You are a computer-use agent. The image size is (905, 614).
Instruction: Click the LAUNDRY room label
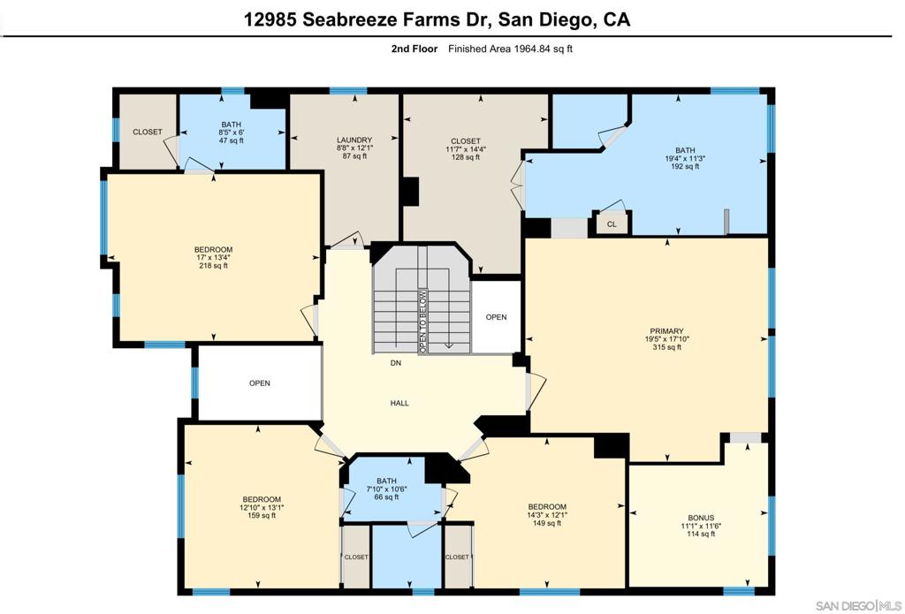(354, 140)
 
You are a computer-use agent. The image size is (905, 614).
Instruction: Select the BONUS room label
(701, 518)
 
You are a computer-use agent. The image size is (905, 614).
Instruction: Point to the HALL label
(399, 404)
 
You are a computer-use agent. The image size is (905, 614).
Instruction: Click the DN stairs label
(395, 363)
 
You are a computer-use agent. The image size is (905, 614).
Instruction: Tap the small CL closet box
(612, 224)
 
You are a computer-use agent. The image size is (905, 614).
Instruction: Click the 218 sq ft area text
(213, 266)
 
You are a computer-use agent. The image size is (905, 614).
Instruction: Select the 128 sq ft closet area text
(466, 157)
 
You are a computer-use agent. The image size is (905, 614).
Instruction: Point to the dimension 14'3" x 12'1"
(547, 515)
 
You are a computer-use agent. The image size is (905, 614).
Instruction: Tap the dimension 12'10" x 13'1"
(262, 507)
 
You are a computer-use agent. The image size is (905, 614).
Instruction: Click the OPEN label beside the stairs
(496, 317)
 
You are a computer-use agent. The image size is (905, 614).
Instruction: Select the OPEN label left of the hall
(259, 383)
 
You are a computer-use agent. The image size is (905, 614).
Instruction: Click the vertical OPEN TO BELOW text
(422, 322)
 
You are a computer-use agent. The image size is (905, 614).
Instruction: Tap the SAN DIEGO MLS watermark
(856, 605)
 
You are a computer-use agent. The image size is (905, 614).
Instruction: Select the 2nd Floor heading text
(414, 49)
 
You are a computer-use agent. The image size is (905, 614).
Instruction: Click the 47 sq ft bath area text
(231, 140)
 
